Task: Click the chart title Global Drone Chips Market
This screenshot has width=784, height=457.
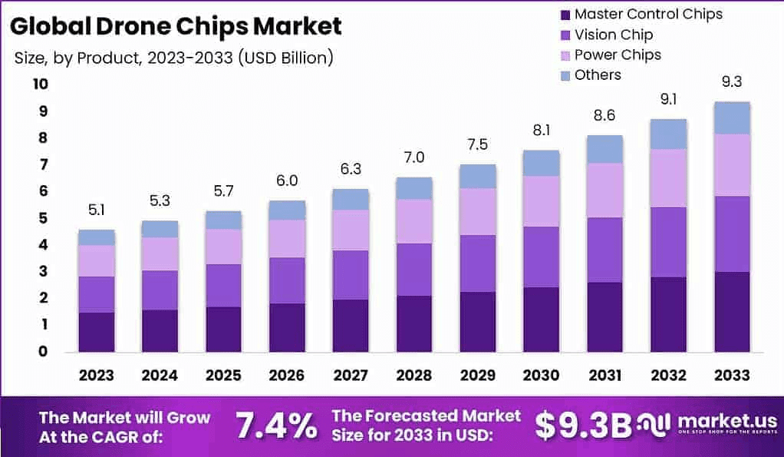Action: click(176, 26)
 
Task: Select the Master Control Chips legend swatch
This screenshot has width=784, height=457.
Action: click(565, 15)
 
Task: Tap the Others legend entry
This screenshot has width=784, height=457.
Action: click(598, 75)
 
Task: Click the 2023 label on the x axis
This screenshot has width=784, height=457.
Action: click(96, 375)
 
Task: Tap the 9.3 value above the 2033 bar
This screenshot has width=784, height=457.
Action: click(731, 82)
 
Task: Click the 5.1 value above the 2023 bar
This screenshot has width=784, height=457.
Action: click(96, 210)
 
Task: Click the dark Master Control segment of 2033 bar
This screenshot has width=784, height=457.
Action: click(731, 312)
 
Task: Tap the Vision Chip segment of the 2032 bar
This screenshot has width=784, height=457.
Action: click(669, 242)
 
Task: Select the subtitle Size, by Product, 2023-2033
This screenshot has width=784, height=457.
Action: click(173, 58)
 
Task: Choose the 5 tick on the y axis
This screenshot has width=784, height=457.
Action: click(43, 218)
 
